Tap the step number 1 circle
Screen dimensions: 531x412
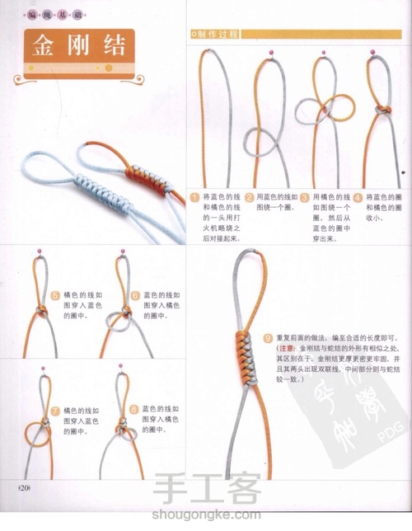pos(195,198)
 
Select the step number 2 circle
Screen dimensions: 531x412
pos(249,198)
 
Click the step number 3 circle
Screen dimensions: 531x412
pos(304,198)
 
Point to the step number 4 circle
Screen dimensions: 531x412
pos(358,198)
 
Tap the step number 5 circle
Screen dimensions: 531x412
pos(55,294)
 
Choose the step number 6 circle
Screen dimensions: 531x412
pos(135,294)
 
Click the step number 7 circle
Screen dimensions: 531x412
pos(55,410)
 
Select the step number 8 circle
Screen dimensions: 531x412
pos(134,409)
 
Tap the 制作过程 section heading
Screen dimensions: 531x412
pos(215,34)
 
